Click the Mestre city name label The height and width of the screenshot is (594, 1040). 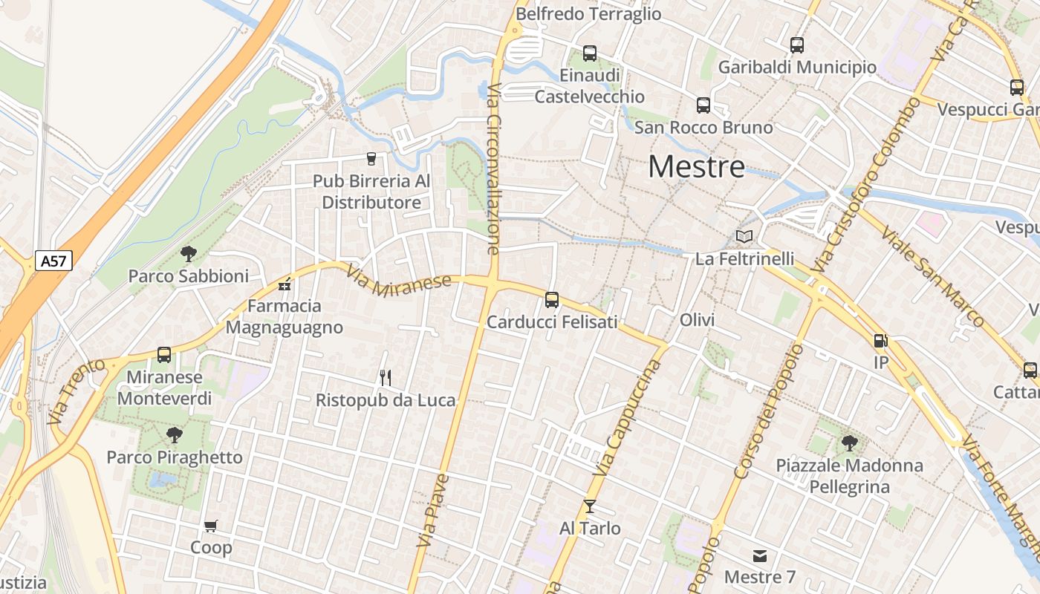click(696, 167)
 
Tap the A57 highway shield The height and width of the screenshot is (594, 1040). click(53, 261)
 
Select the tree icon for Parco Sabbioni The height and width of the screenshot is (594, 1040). click(189, 254)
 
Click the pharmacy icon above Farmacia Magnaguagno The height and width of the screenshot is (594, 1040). click(284, 284)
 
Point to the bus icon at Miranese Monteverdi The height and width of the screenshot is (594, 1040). click(164, 355)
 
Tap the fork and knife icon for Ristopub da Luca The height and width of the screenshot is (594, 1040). click(385, 378)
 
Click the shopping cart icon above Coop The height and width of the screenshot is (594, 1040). click(211, 526)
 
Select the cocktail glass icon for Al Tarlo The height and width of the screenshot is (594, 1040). click(590, 506)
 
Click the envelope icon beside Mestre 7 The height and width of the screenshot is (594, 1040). click(759, 555)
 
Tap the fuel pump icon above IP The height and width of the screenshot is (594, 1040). click(880, 341)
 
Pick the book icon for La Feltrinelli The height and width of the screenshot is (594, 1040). click(744, 237)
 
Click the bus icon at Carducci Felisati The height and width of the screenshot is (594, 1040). click(552, 300)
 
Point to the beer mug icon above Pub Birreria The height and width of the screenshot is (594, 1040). click(371, 159)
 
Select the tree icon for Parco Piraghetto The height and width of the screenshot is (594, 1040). click(175, 435)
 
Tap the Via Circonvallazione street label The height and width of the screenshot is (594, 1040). click(493, 169)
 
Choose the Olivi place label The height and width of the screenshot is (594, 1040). click(697, 320)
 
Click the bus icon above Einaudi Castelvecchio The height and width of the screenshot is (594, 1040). click(590, 53)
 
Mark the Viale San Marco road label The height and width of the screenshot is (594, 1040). click(932, 276)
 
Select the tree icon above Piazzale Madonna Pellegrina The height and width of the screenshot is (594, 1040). click(850, 444)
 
